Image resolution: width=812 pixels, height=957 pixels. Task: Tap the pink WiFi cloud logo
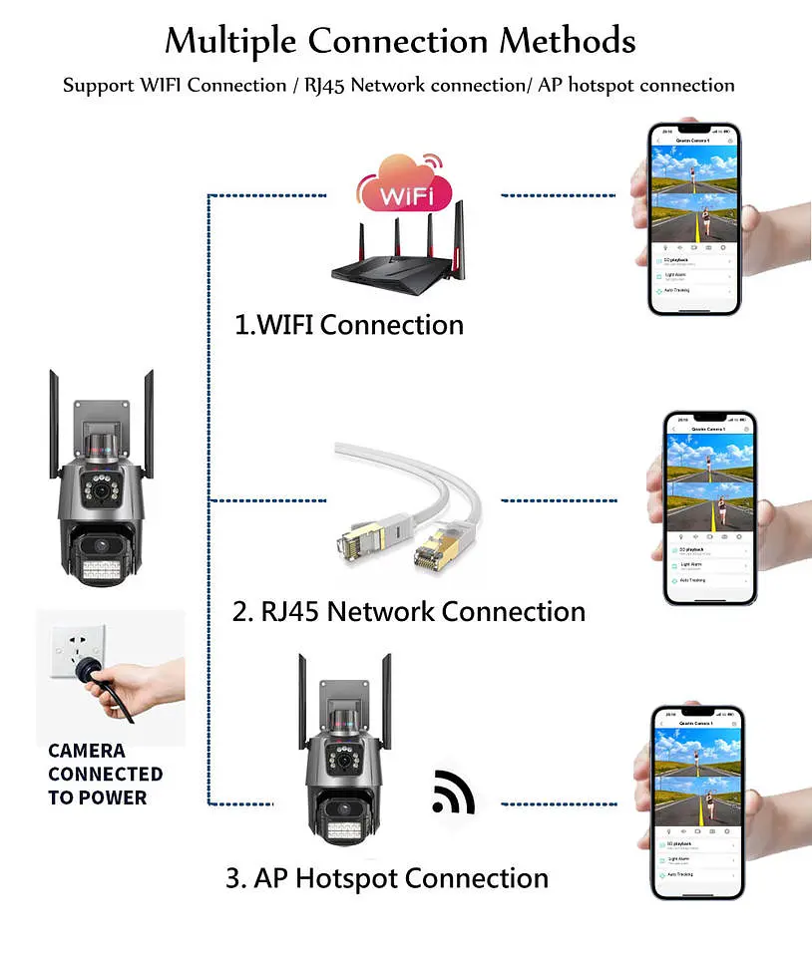pyautogui.click(x=402, y=186)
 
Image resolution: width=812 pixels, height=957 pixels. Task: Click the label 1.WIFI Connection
pyautogui.click(x=349, y=325)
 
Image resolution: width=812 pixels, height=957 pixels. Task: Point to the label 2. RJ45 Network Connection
pyautogui.click(x=408, y=611)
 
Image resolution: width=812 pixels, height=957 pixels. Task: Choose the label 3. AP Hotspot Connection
pyautogui.click(x=387, y=878)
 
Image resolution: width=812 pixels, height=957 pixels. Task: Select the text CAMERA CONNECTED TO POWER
pyautogui.click(x=105, y=774)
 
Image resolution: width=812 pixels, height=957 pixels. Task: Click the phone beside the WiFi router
pyautogui.click(x=694, y=219)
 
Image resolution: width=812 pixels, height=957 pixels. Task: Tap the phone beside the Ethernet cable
pyautogui.click(x=710, y=508)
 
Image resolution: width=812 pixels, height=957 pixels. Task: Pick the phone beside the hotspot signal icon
pyautogui.click(x=697, y=802)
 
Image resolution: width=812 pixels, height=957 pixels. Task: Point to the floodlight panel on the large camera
pyautogui.click(x=99, y=571)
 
